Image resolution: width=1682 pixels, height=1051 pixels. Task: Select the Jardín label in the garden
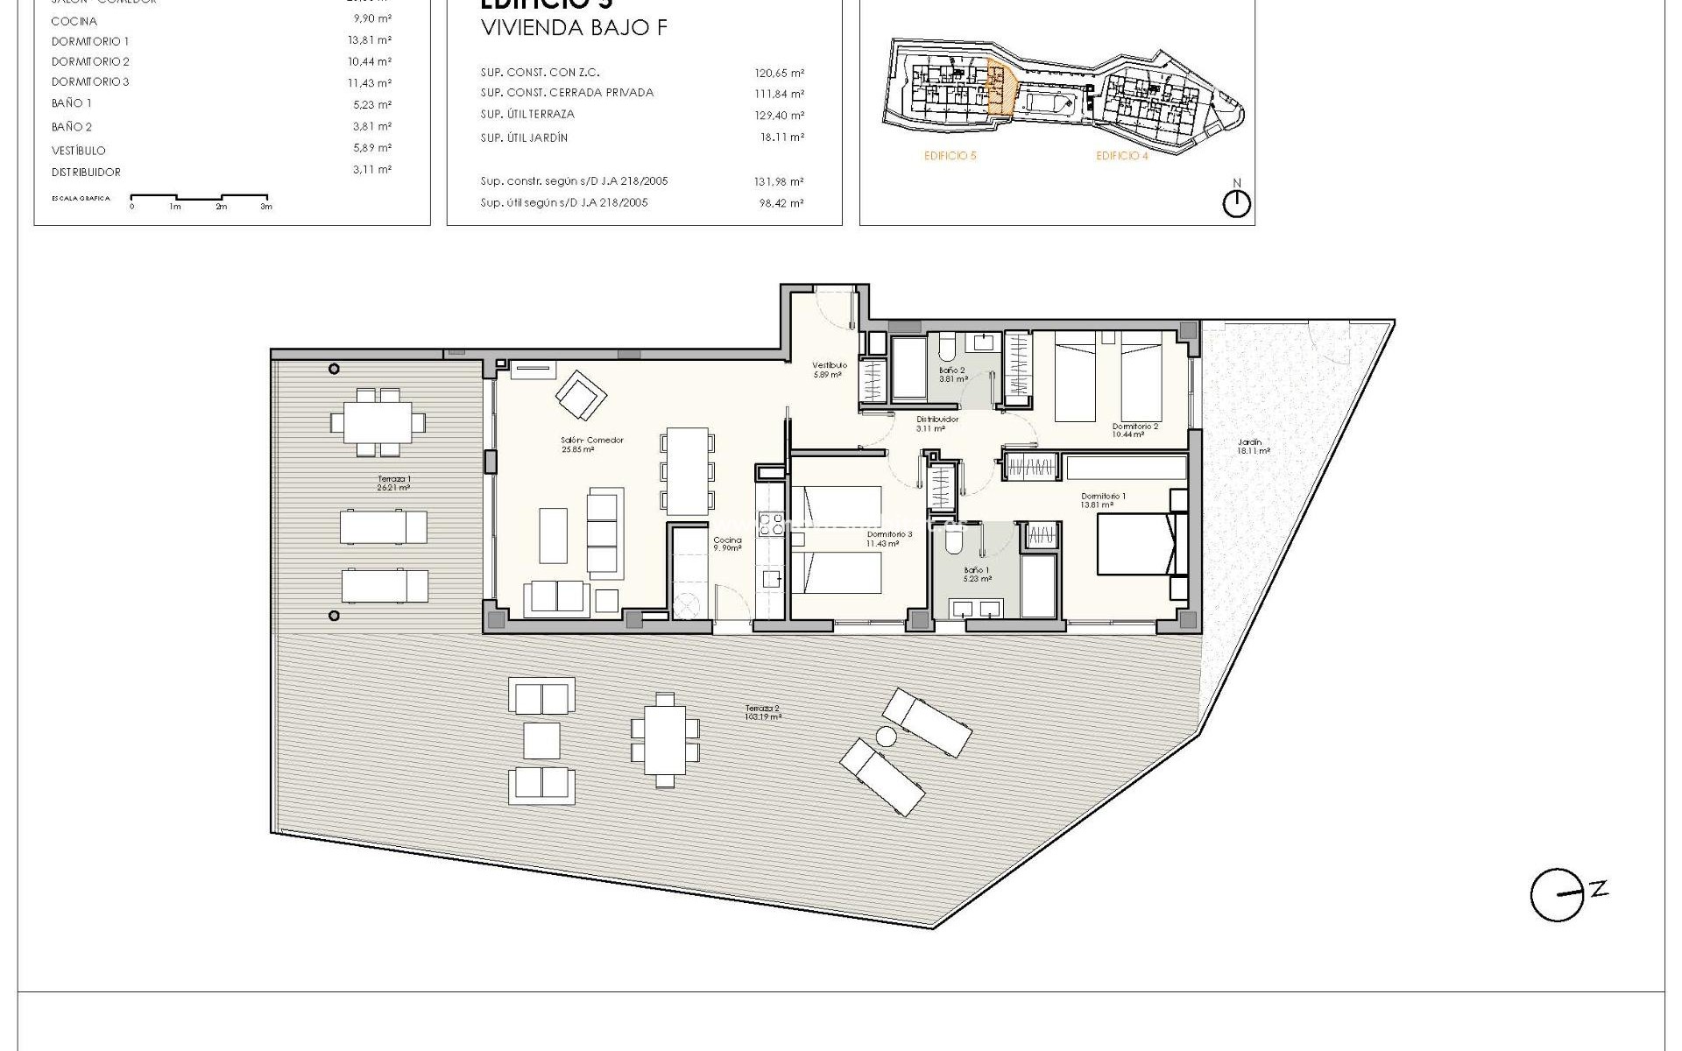1253,447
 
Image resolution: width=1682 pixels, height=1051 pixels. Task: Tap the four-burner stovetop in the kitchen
771,525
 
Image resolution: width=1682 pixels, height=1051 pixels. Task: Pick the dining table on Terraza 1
378,422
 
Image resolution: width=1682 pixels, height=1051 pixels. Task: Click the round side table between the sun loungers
887,737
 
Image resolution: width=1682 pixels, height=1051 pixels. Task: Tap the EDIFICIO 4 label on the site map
1121,156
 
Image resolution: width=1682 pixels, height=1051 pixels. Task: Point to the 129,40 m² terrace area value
779,115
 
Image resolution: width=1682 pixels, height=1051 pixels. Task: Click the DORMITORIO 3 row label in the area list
90,82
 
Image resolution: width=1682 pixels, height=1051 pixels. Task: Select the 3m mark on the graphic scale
266,207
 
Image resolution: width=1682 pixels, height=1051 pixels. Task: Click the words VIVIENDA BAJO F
574,28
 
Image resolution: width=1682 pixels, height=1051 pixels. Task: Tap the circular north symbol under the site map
1236,204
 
